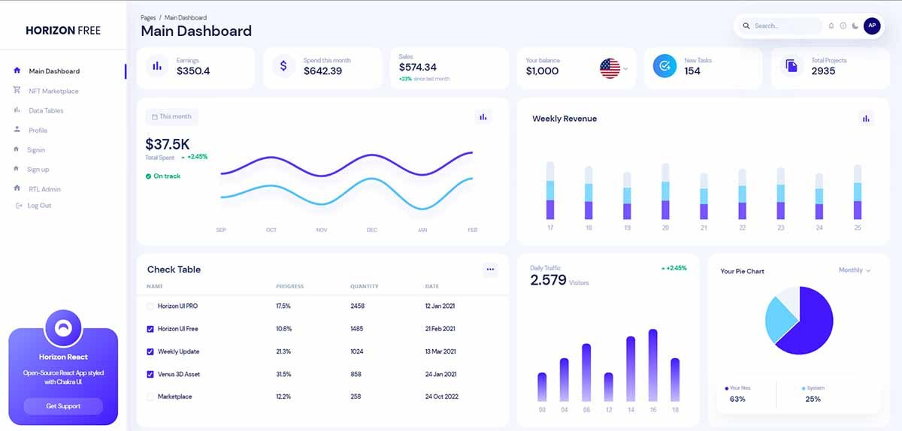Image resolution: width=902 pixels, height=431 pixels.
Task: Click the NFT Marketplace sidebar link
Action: click(53, 91)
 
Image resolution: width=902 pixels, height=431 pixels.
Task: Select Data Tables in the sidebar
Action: click(46, 110)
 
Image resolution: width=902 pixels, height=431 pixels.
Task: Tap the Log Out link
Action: click(39, 206)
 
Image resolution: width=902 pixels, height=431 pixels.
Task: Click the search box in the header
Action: click(782, 26)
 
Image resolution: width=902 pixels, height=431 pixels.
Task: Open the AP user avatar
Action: click(871, 26)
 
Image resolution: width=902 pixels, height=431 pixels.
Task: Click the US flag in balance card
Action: click(610, 68)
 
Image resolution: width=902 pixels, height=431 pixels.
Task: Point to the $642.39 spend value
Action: click(322, 71)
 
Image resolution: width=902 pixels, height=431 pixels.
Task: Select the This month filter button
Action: click(171, 116)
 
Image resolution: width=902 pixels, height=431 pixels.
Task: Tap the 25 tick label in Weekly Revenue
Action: click(857, 228)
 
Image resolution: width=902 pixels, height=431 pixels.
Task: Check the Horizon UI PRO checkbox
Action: click(150, 306)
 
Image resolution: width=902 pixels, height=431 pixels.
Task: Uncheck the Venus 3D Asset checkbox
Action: click(150, 374)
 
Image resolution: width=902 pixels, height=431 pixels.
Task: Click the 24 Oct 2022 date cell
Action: click(441, 396)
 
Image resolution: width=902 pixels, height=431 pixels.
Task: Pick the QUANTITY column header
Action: click(364, 287)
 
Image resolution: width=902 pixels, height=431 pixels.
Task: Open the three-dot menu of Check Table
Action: click(490, 270)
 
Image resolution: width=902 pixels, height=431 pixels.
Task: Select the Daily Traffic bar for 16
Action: click(652, 365)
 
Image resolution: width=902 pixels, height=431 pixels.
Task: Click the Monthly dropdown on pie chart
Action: click(855, 270)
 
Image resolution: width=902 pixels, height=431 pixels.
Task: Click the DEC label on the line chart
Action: click(371, 230)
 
